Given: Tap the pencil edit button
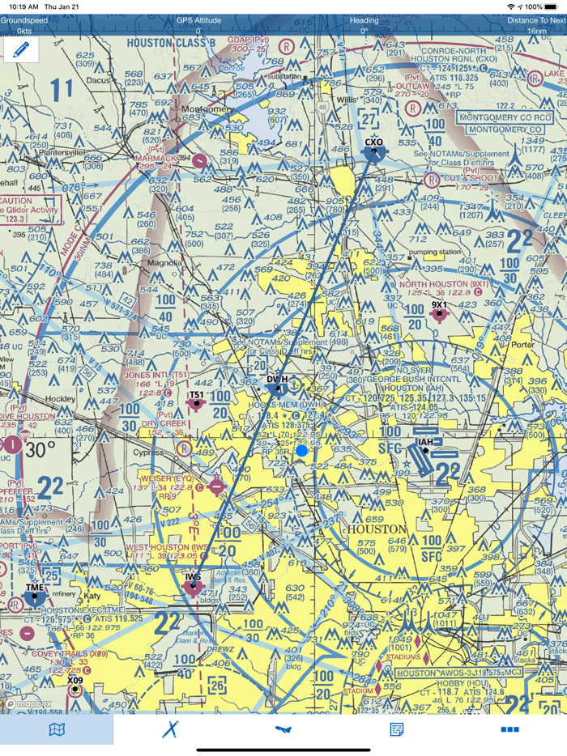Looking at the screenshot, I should (21, 50).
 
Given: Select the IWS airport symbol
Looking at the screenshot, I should (193, 588).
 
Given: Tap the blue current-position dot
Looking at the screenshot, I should (302, 450).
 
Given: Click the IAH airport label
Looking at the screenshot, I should (424, 442).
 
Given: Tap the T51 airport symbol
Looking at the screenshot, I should (196, 404).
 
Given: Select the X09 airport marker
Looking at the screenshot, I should (75, 690).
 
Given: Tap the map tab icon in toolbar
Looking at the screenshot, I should (57, 729).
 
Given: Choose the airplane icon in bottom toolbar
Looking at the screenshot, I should (283, 729).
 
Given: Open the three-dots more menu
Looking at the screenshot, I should (509, 729).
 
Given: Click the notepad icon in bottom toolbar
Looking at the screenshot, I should (397, 729).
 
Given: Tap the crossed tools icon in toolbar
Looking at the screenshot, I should (170, 729).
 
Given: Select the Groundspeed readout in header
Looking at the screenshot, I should (24, 25).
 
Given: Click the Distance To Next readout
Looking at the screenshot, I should (536, 25).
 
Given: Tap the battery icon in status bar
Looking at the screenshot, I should (551, 6).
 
